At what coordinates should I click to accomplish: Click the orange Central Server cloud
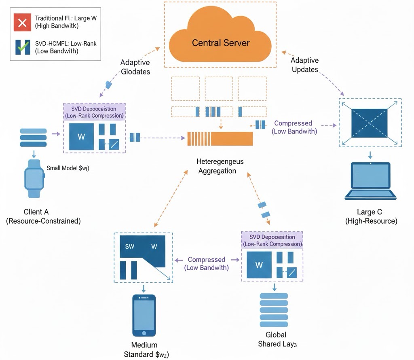[x=220, y=38]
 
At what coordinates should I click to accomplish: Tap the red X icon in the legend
[x=22, y=23]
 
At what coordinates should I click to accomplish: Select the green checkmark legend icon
[x=22, y=47]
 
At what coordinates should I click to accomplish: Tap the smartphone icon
[x=144, y=316]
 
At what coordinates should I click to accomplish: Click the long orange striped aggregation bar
[x=220, y=138]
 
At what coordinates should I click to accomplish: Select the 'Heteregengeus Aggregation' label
[x=220, y=166]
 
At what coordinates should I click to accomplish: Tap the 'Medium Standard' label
[x=144, y=350]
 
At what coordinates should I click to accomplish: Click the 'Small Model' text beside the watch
[x=68, y=168]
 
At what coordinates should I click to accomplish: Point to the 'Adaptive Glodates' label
[x=135, y=67]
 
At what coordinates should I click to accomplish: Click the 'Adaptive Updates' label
[x=304, y=65]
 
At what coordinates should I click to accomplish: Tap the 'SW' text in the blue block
[x=130, y=247]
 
